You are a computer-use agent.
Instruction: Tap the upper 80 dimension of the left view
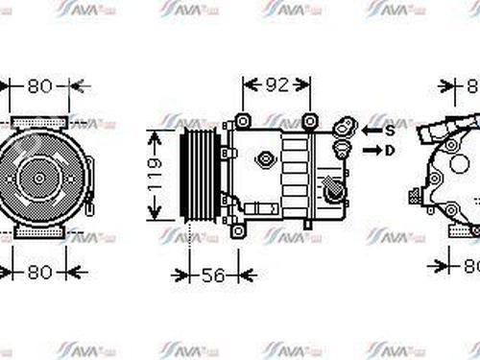coord(39,85)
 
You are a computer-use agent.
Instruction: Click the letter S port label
coord(392,129)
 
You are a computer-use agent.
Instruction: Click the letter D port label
coord(392,150)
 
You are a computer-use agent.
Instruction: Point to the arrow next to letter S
coord(372,129)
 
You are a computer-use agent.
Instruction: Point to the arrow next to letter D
coord(372,150)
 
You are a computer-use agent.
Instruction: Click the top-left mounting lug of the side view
coord(242,121)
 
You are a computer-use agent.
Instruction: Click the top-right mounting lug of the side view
coord(309,121)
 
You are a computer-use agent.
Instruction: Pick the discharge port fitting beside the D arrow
coord(340,151)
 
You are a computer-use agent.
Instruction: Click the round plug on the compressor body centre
coord(261,154)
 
